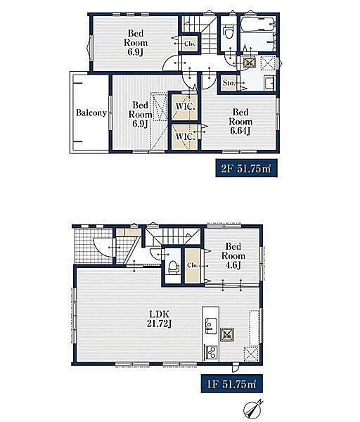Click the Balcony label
(x=91, y=113)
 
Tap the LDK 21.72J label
(x=160, y=319)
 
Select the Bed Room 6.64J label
(x=240, y=122)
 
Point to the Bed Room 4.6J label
(x=233, y=255)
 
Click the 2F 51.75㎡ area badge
(x=247, y=169)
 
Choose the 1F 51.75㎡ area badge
(x=231, y=383)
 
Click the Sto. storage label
(x=229, y=83)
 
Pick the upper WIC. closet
(x=185, y=106)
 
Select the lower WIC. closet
(x=185, y=136)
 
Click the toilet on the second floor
(x=229, y=32)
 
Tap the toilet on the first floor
(x=173, y=267)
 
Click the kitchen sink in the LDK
(x=212, y=326)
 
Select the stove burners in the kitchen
(x=212, y=352)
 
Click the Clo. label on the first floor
(x=193, y=265)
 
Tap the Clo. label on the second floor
(x=190, y=43)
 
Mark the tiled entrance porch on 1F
(x=93, y=245)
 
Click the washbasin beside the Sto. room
(x=269, y=83)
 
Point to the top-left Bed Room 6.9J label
(x=136, y=42)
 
